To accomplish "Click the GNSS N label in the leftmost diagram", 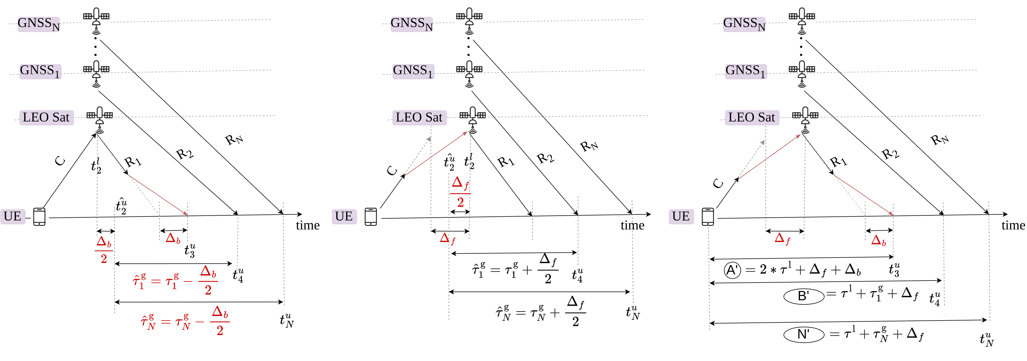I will (x=39, y=24).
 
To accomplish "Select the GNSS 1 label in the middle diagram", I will (x=413, y=71).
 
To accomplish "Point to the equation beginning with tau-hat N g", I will (x=185, y=321).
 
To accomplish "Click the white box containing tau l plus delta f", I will (x=803, y=269).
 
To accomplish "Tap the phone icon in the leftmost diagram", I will (x=40, y=217).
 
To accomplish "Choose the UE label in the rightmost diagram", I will (x=681, y=216).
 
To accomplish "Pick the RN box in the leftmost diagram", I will (x=235, y=139).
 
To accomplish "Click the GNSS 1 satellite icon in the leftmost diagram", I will (x=96, y=71).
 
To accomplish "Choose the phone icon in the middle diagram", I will (x=371, y=217).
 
